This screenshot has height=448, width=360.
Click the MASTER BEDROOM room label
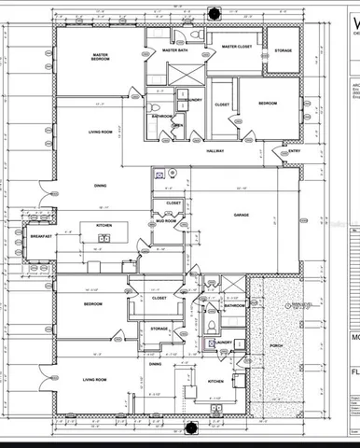pyautogui.click(x=100, y=58)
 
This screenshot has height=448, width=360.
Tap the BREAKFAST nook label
pyautogui.click(x=40, y=236)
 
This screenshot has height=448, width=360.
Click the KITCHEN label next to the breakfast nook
pyautogui.click(x=104, y=225)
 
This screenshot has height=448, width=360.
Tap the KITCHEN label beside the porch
pyautogui.click(x=215, y=382)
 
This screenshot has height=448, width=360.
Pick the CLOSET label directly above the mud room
pyautogui.click(x=173, y=203)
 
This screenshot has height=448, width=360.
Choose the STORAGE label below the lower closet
pyautogui.click(x=159, y=328)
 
